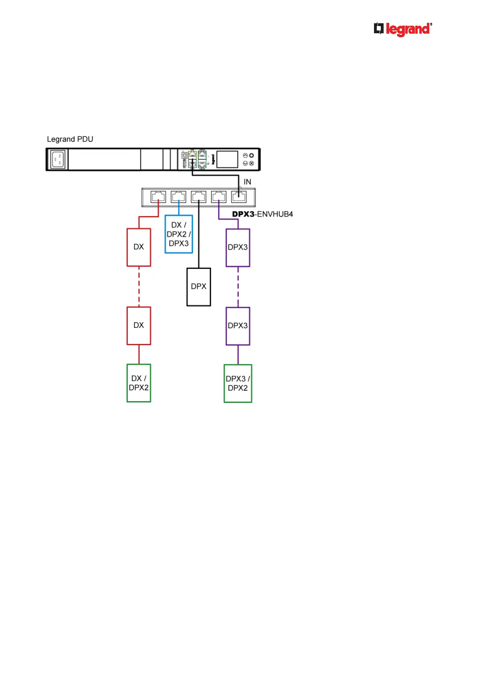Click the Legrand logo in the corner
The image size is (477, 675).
click(x=402, y=29)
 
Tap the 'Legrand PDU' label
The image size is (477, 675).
click(x=70, y=139)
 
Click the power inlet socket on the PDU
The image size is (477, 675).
click(x=57, y=159)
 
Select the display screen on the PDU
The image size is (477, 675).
click(x=227, y=159)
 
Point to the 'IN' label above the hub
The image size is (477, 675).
click(x=247, y=182)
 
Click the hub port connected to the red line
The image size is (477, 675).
click(x=158, y=197)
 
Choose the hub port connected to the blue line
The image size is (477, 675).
click(x=178, y=197)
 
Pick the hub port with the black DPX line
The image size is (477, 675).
click(x=199, y=197)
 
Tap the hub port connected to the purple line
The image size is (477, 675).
click(x=219, y=197)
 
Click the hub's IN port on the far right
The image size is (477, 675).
click(x=239, y=197)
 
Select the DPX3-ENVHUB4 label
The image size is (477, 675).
click(x=263, y=214)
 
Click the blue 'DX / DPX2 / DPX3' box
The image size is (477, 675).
click(x=179, y=234)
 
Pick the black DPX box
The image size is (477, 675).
click(x=199, y=287)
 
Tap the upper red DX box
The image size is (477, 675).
click(x=139, y=247)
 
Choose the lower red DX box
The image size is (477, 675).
click(x=139, y=325)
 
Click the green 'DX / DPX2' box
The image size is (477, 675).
click(x=139, y=383)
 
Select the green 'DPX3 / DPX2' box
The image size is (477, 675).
click(x=238, y=383)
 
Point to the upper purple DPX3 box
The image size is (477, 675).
click(x=238, y=247)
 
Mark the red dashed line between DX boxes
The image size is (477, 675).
click(x=139, y=287)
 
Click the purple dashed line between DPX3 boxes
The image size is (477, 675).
click(x=238, y=287)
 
